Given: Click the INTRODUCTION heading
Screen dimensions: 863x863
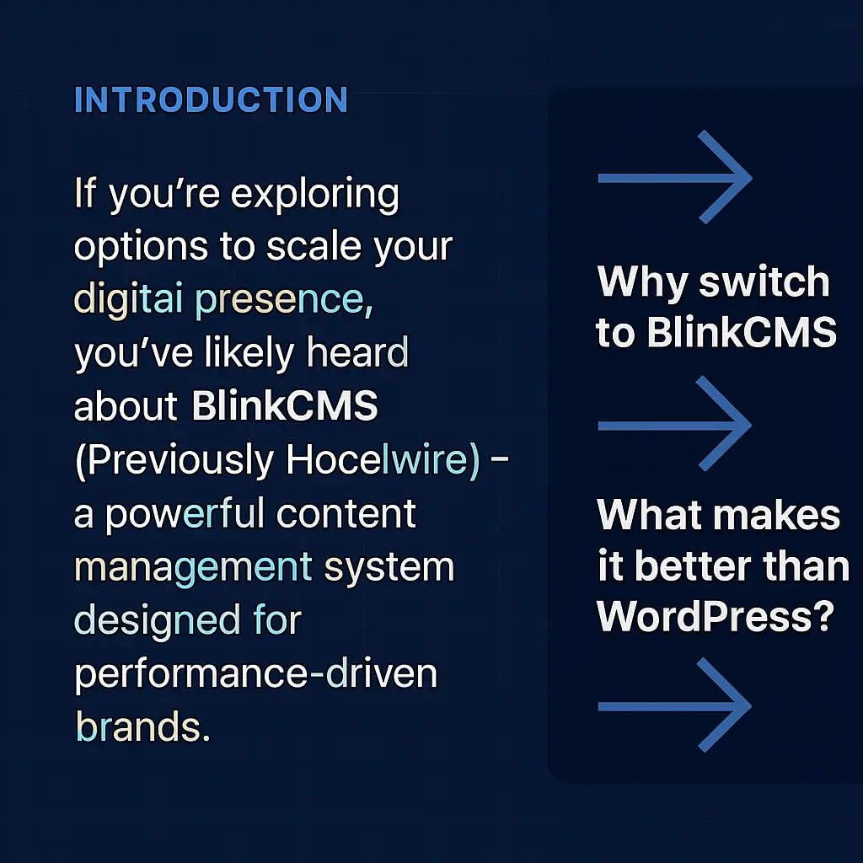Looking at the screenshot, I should click(211, 100).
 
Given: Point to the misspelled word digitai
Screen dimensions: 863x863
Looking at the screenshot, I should click(130, 301).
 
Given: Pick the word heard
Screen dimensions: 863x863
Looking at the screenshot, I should click(357, 354).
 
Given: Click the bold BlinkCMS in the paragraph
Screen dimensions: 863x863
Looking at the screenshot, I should click(285, 407).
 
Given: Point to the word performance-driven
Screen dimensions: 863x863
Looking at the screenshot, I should click(256, 674).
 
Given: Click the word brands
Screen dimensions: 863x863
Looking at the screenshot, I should click(142, 726).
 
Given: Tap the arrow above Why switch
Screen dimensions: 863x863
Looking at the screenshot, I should click(674, 178).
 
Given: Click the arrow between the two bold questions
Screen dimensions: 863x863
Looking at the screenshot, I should click(674, 423).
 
